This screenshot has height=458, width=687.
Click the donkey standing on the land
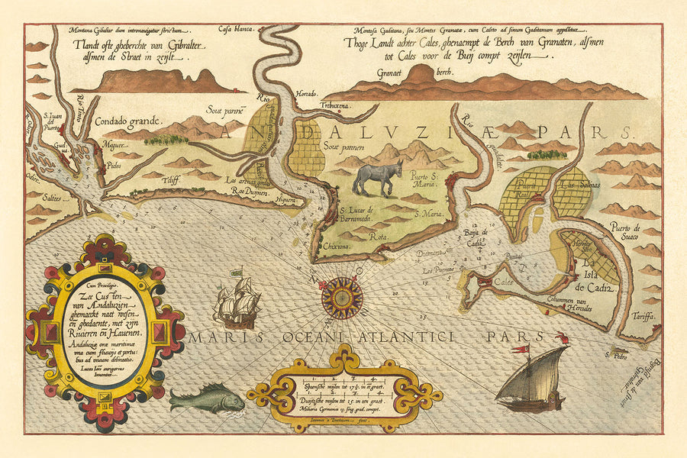tap(379, 178)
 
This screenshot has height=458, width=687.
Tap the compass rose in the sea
tap(341, 296)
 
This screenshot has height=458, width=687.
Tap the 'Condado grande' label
tap(128, 121)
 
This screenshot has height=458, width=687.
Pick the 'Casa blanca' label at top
tap(236, 30)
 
